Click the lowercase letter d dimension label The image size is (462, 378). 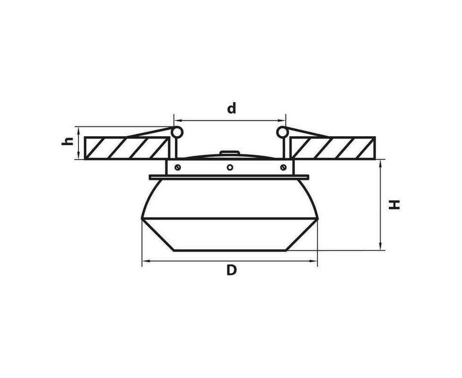coord(231,108)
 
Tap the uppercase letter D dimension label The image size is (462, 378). coord(231,270)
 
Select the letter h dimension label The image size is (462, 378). coord(67,141)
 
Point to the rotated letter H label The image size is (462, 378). coord(394,205)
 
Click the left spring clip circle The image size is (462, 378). coord(177,132)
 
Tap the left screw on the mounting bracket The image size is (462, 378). coord(177,167)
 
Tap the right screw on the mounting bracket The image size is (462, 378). coord(283,167)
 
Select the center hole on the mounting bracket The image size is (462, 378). coord(230,167)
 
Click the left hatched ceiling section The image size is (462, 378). coord(127,148)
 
